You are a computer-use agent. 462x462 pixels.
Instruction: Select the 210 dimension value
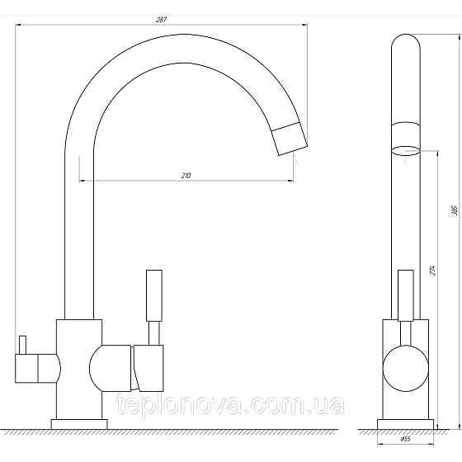186,175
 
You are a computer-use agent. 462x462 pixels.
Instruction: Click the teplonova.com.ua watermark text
226,405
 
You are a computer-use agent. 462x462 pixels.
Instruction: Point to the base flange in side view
79,424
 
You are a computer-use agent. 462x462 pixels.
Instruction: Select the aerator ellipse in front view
405,150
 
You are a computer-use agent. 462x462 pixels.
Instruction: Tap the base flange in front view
405,424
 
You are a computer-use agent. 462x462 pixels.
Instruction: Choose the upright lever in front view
405,294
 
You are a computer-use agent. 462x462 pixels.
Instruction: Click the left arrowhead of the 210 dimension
82,180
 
